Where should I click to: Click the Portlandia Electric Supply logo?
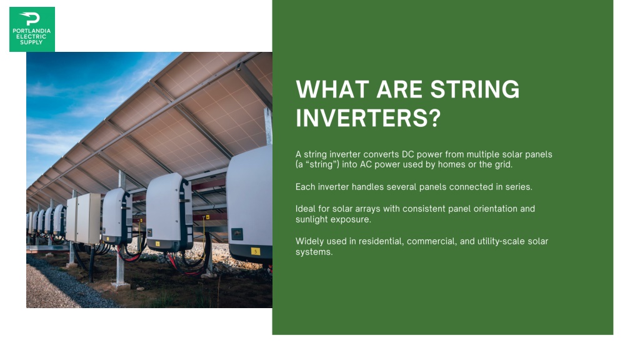pyautogui.click(x=32, y=29)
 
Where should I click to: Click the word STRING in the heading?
pyautogui.click(x=475, y=89)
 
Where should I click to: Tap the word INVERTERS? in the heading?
pyautogui.click(x=368, y=118)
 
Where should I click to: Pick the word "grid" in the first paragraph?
pyautogui.click(x=503, y=165)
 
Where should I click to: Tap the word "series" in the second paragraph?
pyautogui.click(x=519, y=187)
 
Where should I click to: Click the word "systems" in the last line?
pyautogui.click(x=314, y=252)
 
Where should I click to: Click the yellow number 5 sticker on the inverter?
pyautogui.click(x=255, y=251)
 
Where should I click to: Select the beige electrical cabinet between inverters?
pyautogui.click(x=84, y=219)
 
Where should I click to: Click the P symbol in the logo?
pyautogui.click(x=30, y=18)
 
